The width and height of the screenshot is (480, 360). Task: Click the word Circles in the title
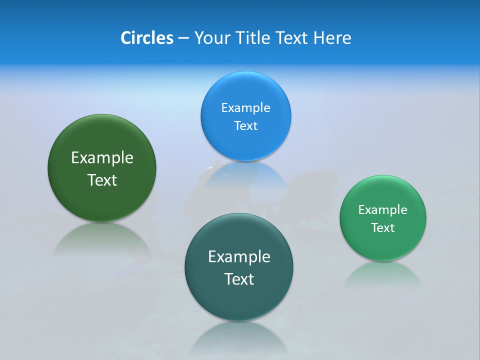(x=147, y=38)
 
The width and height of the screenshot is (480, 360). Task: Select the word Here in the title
(x=332, y=38)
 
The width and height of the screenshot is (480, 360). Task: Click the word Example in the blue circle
(x=245, y=108)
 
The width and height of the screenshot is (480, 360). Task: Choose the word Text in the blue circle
(x=245, y=126)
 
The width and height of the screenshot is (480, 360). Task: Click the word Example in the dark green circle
(x=102, y=158)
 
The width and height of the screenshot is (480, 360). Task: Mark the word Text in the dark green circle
(x=102, y=180)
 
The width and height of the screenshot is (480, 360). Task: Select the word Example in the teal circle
(x=239, y=257)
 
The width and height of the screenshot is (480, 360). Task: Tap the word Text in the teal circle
(x=239, y=279)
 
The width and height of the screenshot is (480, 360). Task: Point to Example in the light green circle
(x=382, y=210)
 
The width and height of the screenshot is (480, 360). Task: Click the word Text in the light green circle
(x=382, y=228)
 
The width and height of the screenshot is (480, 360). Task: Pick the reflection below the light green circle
(x=382, y=275)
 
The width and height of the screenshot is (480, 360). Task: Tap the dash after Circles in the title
(x=183, y=38)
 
